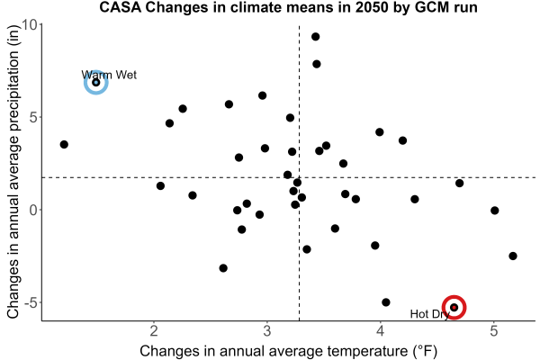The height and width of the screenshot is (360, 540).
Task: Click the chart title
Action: point(288,7)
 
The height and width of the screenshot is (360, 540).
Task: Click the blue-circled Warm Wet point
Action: point(96,82)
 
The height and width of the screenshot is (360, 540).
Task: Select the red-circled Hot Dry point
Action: point(454,307)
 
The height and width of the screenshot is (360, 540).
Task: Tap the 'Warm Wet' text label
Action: point(109,75)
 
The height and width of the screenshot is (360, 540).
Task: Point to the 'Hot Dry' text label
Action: point(430,314)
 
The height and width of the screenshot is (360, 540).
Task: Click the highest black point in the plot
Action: point(316,37)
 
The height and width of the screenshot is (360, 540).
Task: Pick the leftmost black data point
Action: point(64,144)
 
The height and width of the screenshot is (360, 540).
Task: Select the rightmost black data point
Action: point(513,256)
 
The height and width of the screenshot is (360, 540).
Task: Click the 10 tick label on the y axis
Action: point(30,25)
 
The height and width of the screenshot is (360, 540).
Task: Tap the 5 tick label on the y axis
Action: point(34,118)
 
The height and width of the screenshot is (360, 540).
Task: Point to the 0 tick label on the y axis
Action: point(34,210)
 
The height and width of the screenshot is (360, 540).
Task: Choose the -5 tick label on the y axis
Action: point(30,302)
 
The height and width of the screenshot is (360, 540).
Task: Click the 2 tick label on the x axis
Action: point(154,331)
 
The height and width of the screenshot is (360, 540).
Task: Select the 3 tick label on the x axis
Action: point(267,331)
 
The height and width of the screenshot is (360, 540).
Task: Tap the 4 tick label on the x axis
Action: point(381,331)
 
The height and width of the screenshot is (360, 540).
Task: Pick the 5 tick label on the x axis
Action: point(494,331)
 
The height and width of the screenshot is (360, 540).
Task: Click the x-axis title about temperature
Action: point(289,351)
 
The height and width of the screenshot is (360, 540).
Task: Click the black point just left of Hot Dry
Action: point(386,302)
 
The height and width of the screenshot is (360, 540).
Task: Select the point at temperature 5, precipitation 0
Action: point(494,210)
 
